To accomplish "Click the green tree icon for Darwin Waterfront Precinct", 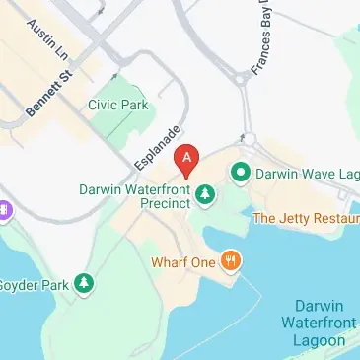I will tap(205, 194).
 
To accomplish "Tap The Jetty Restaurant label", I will tap(306, 217).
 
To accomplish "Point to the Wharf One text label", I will tap(183, 262).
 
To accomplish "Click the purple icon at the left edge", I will tap(5, 209).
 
